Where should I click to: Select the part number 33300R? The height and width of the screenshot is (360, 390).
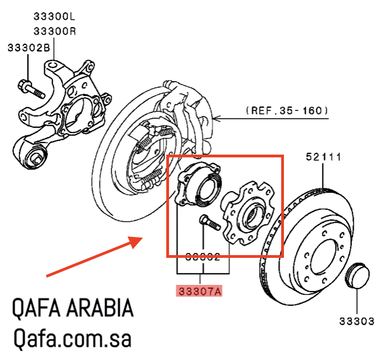coord(54,31)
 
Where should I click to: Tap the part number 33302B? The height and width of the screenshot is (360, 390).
coord(28,49)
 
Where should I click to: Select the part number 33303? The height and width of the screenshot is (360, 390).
coord(357,321)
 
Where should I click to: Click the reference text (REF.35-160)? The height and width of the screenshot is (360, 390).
coord(287,111)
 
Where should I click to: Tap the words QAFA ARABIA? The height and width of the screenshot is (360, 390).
coord(73,309)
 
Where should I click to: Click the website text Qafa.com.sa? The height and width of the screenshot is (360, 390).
coord(72,338)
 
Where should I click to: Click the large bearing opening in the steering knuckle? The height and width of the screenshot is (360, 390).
coord(80,110)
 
